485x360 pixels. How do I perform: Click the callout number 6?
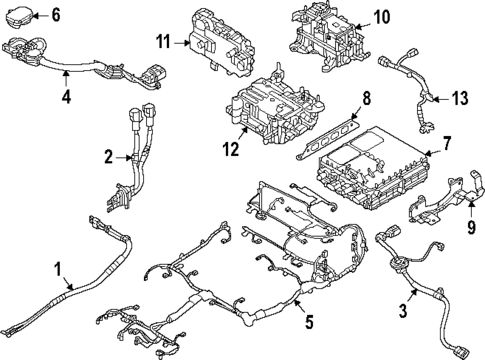[x=56, y=15]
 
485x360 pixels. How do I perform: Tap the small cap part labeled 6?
[x=18, y=16]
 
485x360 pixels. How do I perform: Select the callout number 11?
[x=164, y=42]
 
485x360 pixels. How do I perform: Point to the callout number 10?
[x=382, y=17]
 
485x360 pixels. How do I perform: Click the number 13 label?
[x=460, y=99]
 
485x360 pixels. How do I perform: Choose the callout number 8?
[x=367, y=99]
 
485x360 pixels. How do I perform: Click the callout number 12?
[x=231, y=149]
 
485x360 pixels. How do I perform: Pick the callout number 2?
[x=109, y=157]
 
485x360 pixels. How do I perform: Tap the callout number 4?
[x=66, y=96]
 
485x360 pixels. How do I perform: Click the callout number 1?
[x=58, y=269]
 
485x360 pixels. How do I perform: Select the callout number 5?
[x=309, y=322]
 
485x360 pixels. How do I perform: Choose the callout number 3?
[x=403, y=310]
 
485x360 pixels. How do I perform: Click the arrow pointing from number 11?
[x=181, y=43]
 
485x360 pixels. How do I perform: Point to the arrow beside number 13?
[x=441, y=99]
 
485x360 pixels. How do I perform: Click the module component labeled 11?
[x=221, y=43]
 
